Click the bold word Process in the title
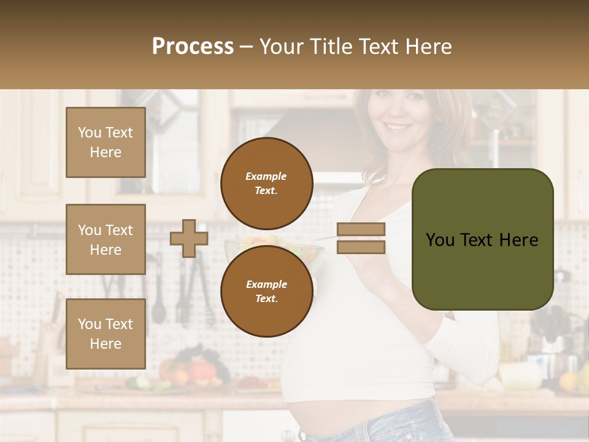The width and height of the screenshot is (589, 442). tap(193, 46)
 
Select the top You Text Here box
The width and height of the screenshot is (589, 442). tap(106, 142)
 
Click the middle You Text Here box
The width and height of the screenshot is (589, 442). tap(106, 239)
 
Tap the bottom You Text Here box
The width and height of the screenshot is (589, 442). tap(106, 333)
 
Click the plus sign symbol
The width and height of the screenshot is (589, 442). tap(189, 238)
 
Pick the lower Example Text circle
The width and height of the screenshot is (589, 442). tap(266, 292)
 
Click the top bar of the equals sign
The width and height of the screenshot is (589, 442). tap(361, 230)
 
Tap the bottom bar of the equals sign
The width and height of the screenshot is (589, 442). tap(361, 247)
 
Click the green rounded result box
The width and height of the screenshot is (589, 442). tap(482, 239)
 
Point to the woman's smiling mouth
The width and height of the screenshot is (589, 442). tap(398, 128)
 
